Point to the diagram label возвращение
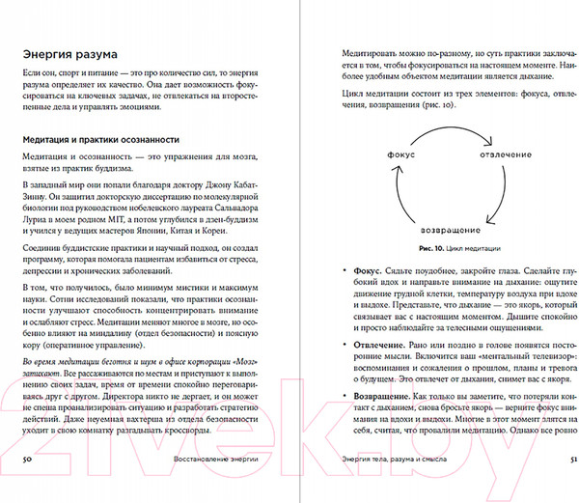453,233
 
